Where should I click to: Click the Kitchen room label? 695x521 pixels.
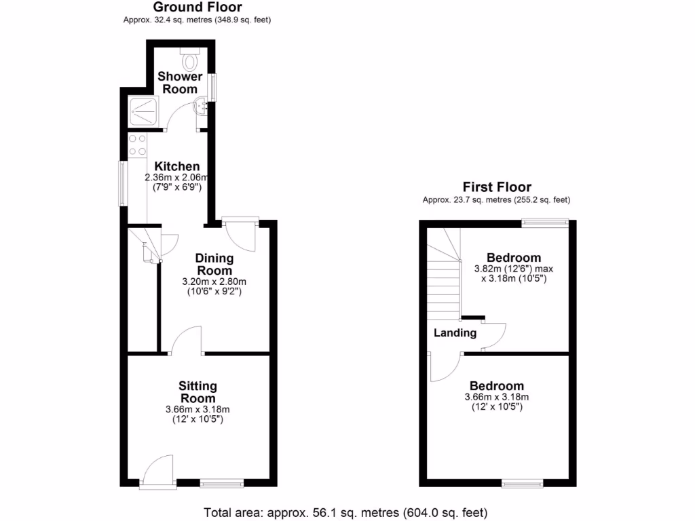(177, 166)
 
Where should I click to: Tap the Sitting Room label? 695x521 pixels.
(198, 392)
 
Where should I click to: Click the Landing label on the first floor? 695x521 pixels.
(455, 333)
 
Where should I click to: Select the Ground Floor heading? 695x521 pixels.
(197, 7)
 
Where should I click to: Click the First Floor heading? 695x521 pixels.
(497, 187)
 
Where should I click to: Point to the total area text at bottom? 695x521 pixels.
(345, 512)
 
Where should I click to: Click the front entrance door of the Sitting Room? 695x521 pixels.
(158, 472)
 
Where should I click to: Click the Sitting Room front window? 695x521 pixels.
(222, 483)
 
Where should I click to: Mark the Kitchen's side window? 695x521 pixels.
(122, 182)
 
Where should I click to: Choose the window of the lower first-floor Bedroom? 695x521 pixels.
(522, 483)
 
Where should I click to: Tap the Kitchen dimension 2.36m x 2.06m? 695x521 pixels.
(176, 178)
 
